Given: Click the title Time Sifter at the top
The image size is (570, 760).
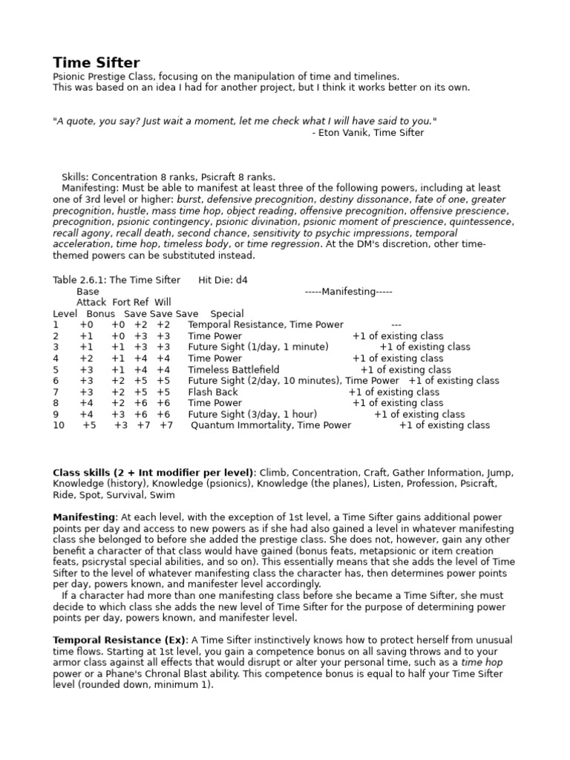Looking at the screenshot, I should [x=96, y=63].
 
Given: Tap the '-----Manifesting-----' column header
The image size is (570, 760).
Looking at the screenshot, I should [x=348, y=292].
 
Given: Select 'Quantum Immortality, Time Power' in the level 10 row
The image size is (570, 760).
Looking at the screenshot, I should [x=271, y=425].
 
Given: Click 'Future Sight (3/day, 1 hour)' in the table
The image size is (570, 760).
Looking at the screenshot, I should [x=252, y=414].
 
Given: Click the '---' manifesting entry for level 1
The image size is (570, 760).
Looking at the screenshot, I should [x=396, y=325].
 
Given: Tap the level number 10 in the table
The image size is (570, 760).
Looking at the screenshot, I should [x=59, y=425].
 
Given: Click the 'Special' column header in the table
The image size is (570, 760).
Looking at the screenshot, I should [x=226, y=314].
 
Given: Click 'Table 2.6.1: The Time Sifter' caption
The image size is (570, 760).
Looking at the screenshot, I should [x=117, y=281].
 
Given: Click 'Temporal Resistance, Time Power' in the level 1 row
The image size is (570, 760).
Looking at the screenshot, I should [x=266, y=325].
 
